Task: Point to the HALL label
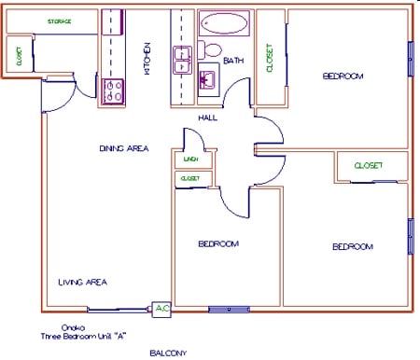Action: [x=208, y=118]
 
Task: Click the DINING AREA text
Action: [x=123, y=148]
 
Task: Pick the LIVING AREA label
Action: [x=82, y=281]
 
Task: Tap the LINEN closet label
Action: [x=190, y=159]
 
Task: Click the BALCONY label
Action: [x=169, y=353]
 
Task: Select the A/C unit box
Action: [x=161, y=308]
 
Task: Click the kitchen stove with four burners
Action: [x=113, y=90]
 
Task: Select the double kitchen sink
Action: [x=182, y=60]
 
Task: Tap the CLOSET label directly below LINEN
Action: [x=190, y=177]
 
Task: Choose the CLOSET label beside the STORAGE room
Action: [x=19, y=57]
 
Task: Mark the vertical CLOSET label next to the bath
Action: [x=271, y=58]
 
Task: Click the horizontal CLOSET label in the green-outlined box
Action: [x=368, y=166]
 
